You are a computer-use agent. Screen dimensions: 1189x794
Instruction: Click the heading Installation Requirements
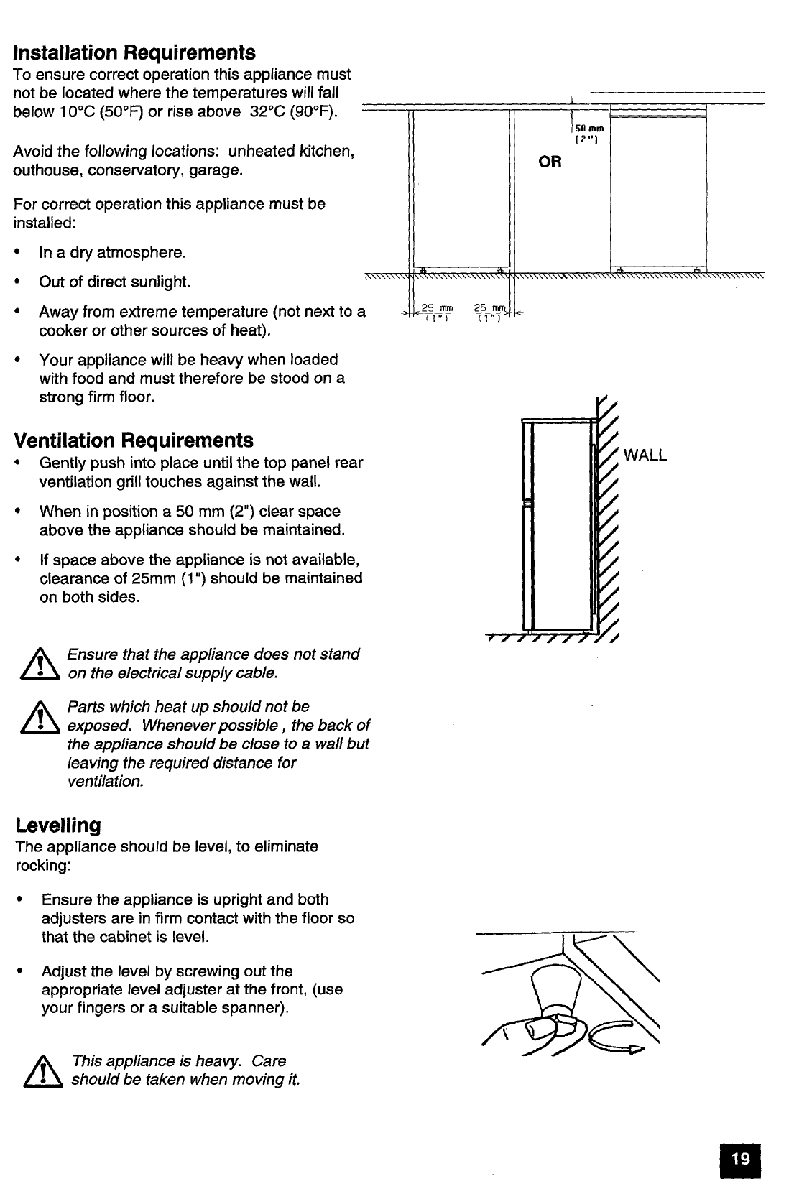coord(134,52)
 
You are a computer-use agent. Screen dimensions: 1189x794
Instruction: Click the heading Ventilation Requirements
coord(134,440)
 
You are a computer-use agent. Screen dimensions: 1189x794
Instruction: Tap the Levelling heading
coord(58,824)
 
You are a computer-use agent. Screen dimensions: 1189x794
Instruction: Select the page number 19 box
coord(740,1158)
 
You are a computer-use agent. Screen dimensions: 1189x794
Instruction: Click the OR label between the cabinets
coord(550,162)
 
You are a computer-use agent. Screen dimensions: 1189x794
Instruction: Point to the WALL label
coord(645,455)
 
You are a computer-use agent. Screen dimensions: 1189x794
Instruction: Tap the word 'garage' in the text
coord(216,170)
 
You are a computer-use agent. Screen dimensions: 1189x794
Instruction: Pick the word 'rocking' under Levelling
coord(42,865)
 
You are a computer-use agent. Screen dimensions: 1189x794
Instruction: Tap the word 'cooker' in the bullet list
coord(61,330)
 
